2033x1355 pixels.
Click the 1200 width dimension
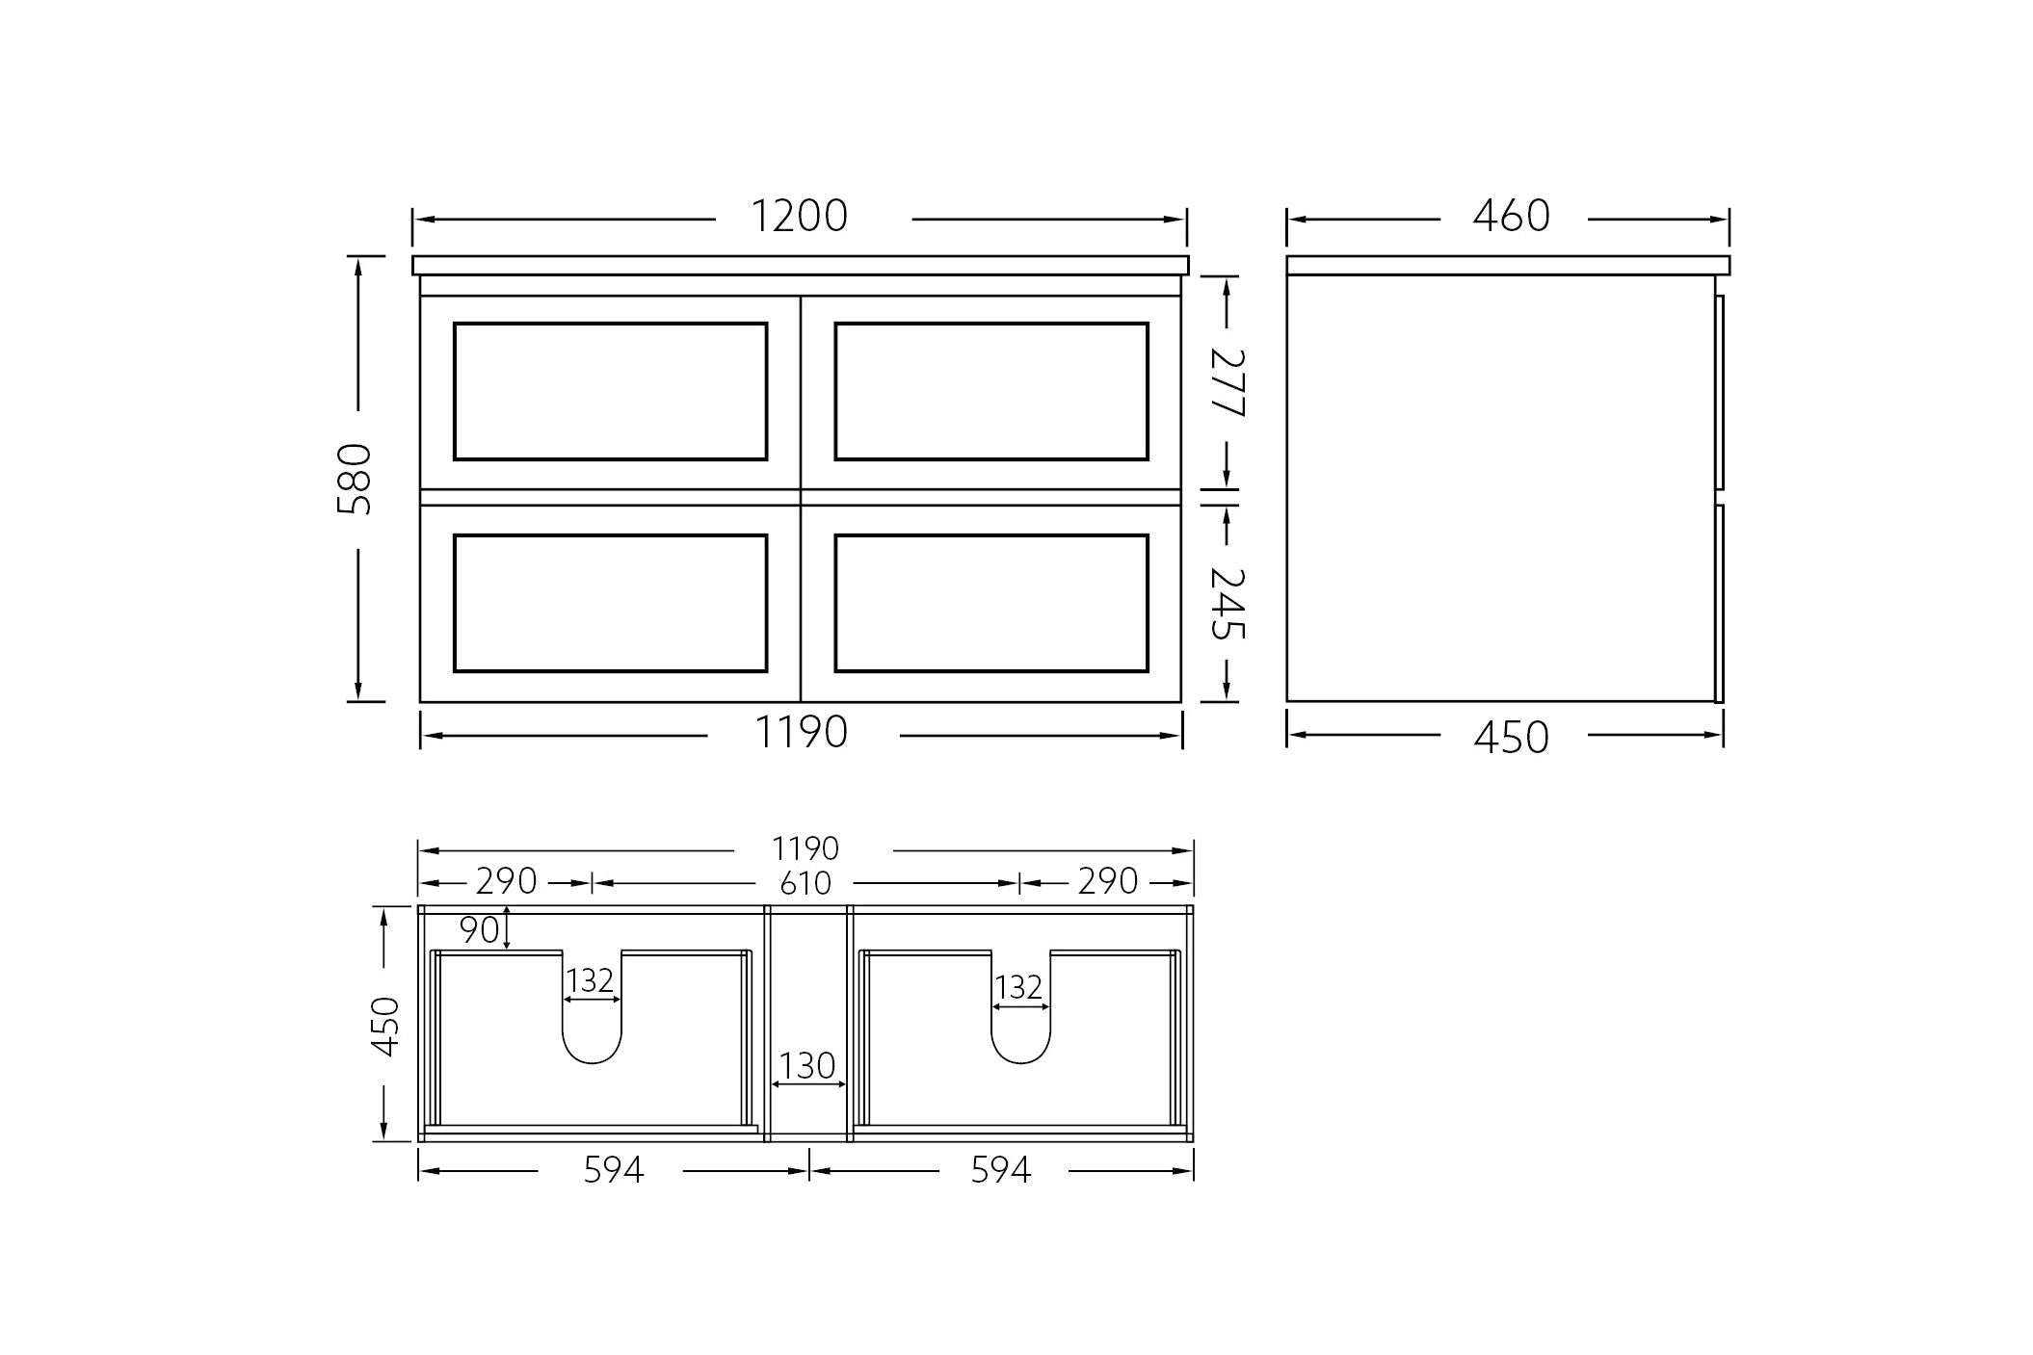799,217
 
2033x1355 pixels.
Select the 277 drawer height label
1228,382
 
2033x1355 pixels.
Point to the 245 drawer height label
1228,604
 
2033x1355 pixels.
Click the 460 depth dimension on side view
1510,217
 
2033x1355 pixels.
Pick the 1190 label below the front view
801,733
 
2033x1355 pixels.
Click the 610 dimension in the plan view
805,883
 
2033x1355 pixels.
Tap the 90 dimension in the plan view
479,930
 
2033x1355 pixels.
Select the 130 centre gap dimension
806,1066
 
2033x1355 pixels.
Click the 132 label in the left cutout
590,981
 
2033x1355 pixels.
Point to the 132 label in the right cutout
1018,988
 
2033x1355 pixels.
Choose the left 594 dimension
613,1170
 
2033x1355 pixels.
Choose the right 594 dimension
1000,1170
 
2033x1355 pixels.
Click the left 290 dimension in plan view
507,881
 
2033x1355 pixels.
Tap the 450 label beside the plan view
385,1027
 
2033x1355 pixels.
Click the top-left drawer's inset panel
610,391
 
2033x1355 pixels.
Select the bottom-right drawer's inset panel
991,603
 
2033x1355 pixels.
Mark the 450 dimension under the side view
1510,737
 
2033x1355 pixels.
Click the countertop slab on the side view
1507,265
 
